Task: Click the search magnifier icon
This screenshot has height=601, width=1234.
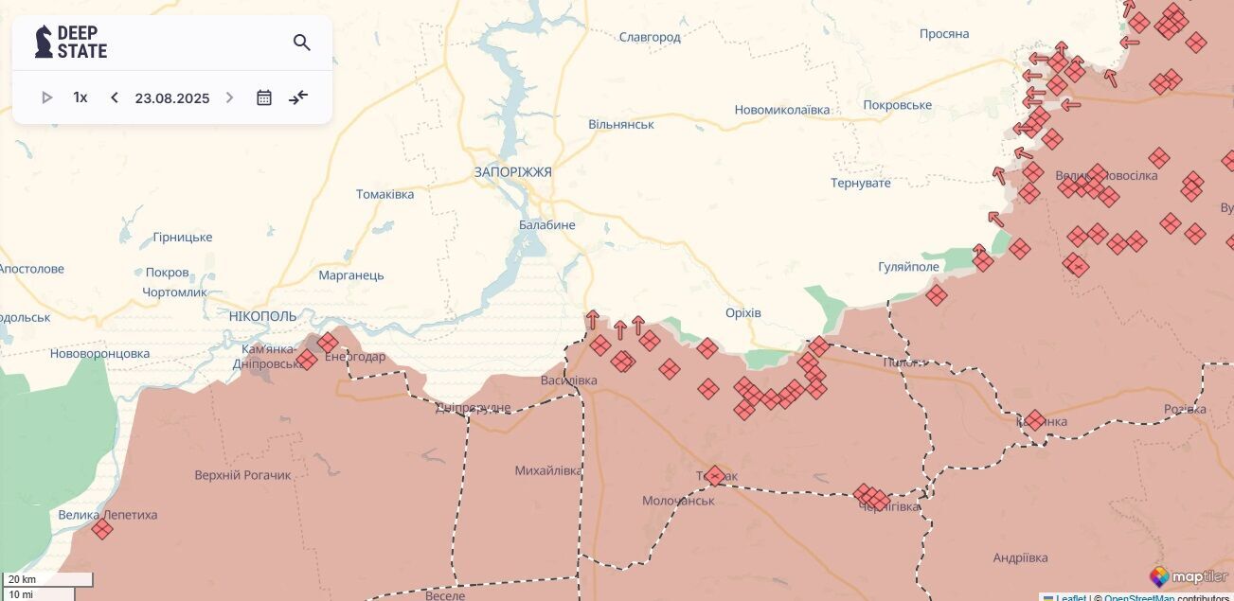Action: (x=302, y=43)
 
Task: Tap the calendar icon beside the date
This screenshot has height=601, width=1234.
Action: (x=264, y=97)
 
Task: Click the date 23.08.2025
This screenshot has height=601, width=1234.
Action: (x=171, y=97)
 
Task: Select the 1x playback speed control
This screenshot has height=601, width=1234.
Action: (x=80, y=97)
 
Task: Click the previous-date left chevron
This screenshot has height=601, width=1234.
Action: (x=115, y=97)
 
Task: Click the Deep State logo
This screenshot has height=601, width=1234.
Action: (x=71, y=42)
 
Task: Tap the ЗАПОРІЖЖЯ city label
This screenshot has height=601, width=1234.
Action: (x=512, y=172)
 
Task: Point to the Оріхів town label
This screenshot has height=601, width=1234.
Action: (x=742, y=313)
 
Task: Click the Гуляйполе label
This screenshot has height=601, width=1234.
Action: (x=908, y=267)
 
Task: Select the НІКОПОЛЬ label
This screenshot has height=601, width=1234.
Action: (x=262, y=316)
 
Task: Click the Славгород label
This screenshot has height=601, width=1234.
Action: (x=650, y=37)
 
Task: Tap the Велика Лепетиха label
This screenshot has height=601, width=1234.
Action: (x=108, y=515)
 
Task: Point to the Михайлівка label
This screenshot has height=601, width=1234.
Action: (x=548, y=470)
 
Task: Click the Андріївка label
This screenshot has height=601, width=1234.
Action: (x=1020, y=557)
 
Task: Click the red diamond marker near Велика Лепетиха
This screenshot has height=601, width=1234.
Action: (x=102, y=529)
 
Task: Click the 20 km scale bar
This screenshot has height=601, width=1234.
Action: (x=47, y=579)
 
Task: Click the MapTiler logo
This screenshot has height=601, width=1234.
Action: (x=1188, y=576)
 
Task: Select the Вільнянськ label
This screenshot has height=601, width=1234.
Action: (x=621, y=124)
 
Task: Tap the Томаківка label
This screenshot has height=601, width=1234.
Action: (x=385, y=194)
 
